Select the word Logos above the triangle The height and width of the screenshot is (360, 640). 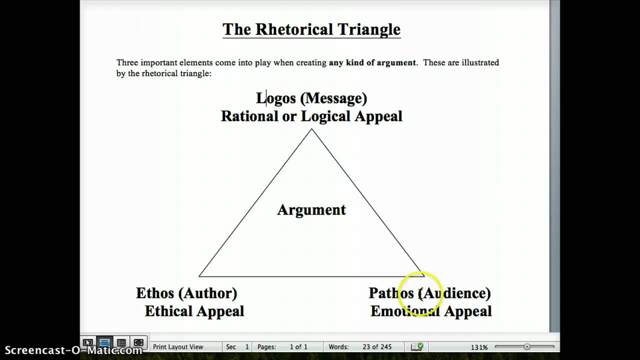[276, 98]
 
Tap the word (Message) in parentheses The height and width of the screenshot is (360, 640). [333, 98]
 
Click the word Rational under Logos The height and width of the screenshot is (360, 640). [247, 116]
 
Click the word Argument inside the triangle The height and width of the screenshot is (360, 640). [311, 209]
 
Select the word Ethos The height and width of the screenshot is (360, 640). [155, 293]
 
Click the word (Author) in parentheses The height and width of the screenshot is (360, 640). [207, 293]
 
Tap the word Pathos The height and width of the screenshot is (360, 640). [391, 293]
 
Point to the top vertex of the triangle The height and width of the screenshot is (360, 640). [311, 129]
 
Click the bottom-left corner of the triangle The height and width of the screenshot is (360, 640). [199, 276]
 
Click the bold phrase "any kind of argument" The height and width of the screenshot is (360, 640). [372, 62]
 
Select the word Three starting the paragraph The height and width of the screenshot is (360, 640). [127, 62]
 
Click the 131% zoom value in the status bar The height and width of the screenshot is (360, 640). [479, 347]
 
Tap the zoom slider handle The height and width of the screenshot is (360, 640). [527, 346]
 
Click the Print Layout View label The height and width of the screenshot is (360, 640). [178, 347]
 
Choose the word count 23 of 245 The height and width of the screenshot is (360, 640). [377, 347]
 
